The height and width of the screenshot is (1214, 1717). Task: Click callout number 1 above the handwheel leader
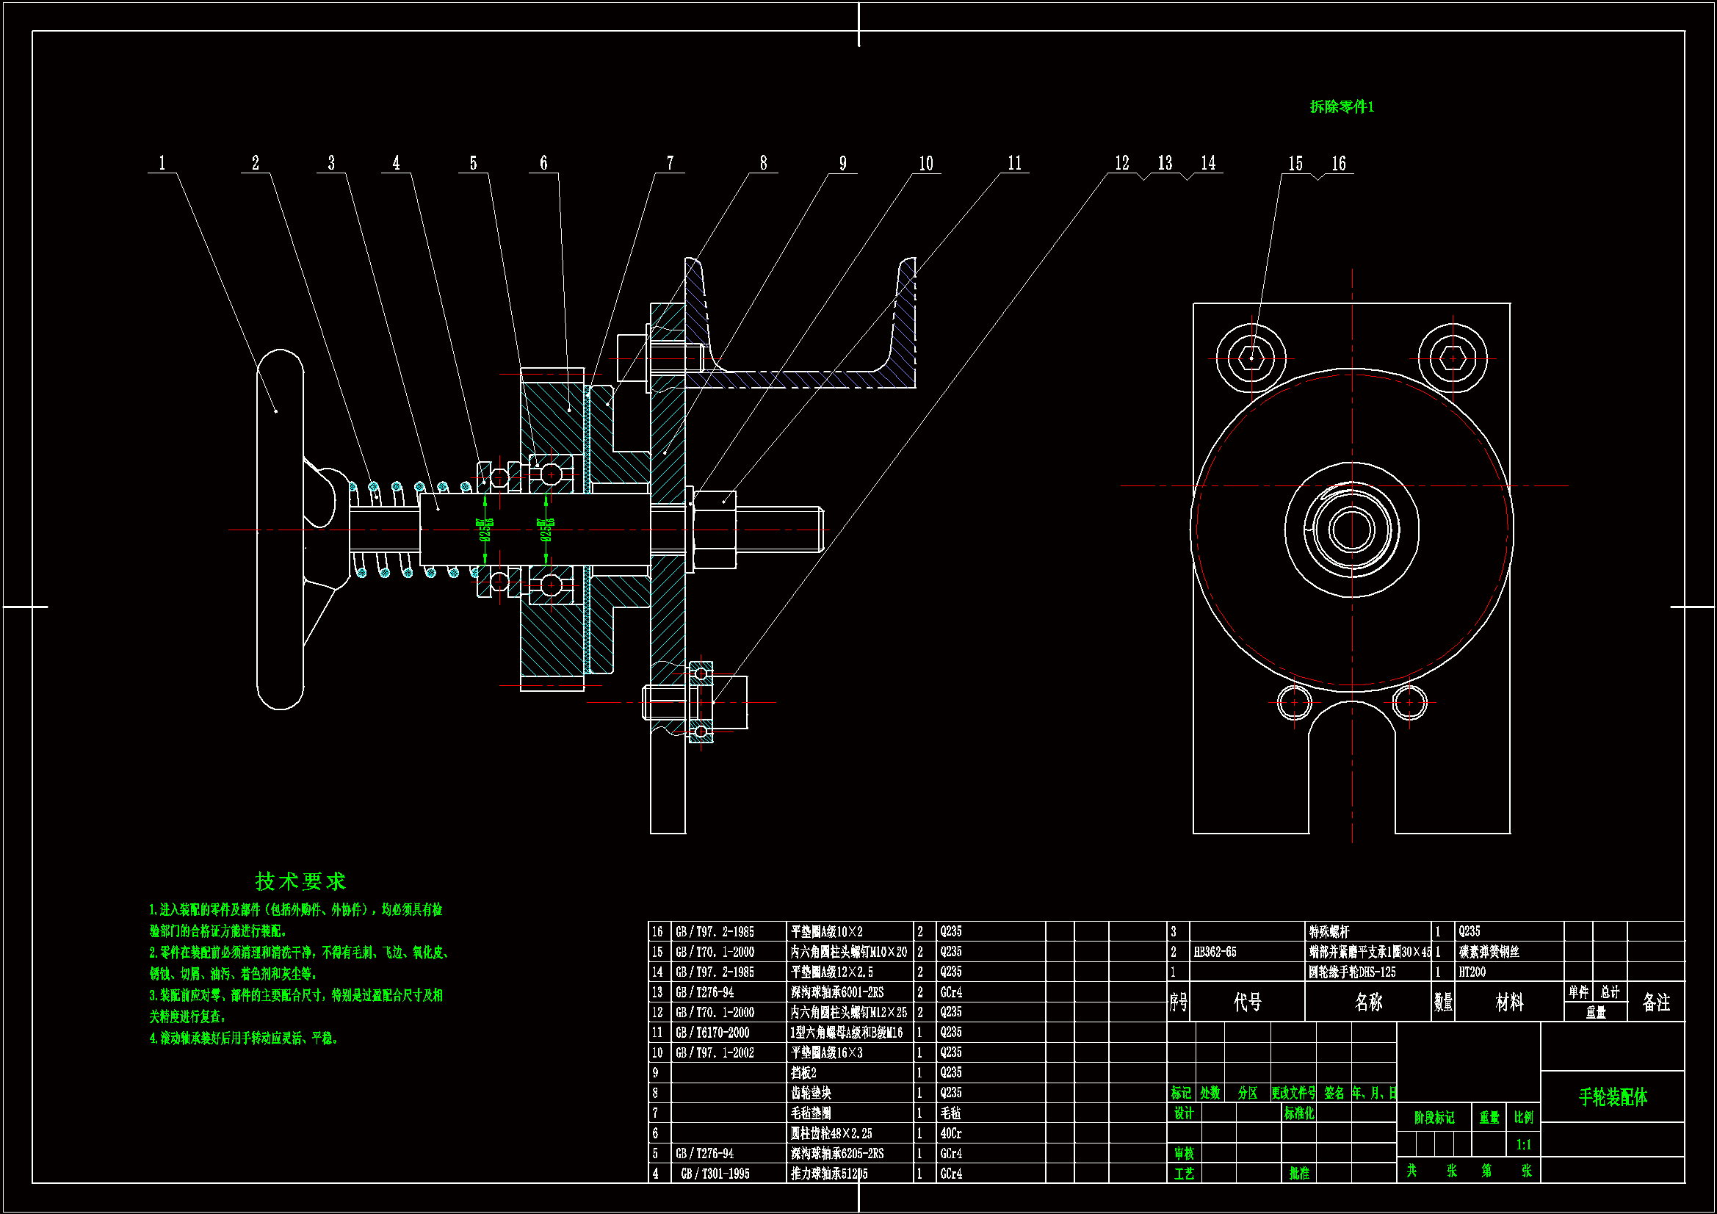coord(162,163)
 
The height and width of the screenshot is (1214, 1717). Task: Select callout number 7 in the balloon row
coord(670,163)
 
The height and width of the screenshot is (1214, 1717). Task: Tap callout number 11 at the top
coord(1014,163)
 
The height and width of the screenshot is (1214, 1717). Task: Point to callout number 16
coord(1338,163)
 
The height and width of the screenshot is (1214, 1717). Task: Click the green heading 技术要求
coord(300,881)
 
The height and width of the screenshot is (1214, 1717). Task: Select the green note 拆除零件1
coord(1342,107)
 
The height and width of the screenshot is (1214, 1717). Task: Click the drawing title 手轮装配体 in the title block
coord(1613,1097)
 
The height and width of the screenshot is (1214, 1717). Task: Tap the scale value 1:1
coord(1523,1145)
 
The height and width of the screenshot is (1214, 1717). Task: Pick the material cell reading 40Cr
coord(951,1133)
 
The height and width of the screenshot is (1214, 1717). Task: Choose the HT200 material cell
coord(1472,972)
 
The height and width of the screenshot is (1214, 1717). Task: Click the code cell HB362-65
coord(1215,953)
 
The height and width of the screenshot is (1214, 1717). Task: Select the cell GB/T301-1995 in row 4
coord(715,1174)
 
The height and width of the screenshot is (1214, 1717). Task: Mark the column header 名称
coord(1368,1002)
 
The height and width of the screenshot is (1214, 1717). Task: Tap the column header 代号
coord(1248,1002)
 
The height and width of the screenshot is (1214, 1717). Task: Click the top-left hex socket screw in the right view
coord(1251,358)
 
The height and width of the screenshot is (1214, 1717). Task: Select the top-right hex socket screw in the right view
coord(1453,358)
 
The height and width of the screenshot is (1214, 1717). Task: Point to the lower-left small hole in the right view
coord(1295,702)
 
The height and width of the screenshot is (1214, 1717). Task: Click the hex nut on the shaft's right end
coord(714,530)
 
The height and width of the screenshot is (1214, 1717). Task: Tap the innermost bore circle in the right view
coord(1352,530)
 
